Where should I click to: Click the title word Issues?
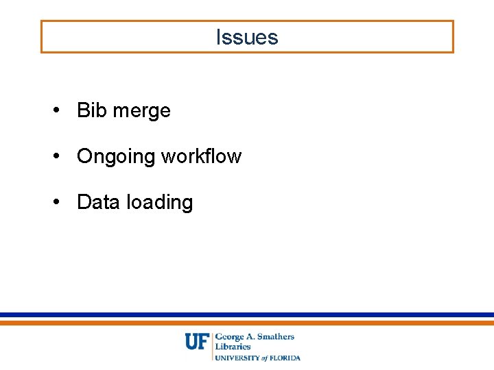click(x=247, y=37)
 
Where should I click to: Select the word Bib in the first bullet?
click(x=91, y=110)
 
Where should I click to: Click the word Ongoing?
click(x=116, y=157)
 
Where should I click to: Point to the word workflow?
click(x=201, y=156)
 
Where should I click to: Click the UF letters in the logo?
click(x=196, y=341)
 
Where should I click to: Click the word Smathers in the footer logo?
click(x=276, y=336)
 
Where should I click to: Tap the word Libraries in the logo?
click(x=233, y=347)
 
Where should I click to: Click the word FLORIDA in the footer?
click(x=285, y=358)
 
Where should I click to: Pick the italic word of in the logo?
click(x=264, y=358)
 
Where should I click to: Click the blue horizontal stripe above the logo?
click(x=247, y=315)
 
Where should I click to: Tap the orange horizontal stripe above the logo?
click(x=247, y=322)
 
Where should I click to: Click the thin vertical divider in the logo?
click(x=212, y=346)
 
